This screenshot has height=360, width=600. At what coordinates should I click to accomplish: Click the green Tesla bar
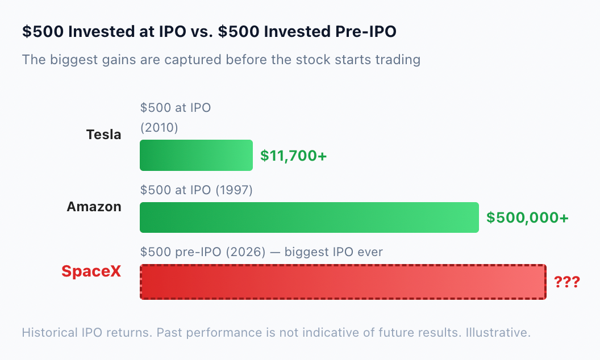(x=196, y=156)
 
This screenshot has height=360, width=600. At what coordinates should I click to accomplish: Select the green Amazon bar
(x=309, y=217)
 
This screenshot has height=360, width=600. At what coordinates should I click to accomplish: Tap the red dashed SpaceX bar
(x=343, y=282)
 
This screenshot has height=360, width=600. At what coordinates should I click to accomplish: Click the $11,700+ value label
(x=294, y=156)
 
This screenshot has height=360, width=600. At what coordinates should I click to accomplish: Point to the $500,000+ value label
(x=527, y=217)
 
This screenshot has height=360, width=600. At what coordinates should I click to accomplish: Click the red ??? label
(x=567, y=282)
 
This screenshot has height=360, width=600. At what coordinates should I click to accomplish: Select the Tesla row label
(x=104, y=135)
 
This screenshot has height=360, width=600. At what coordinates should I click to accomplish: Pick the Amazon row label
(x=94, y=207)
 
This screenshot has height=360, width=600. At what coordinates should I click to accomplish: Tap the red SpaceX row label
(x=91, y=271)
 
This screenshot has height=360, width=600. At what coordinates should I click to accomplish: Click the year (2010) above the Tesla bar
(x=159, y=127)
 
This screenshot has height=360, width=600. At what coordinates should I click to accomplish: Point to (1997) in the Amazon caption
(x=234, y=190)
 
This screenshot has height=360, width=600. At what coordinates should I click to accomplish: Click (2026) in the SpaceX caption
(x=245, y=252)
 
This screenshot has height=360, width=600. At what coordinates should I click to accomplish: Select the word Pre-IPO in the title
(x=366, y=31)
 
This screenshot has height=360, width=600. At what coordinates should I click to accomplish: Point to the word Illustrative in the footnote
(x=498, y=332)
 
